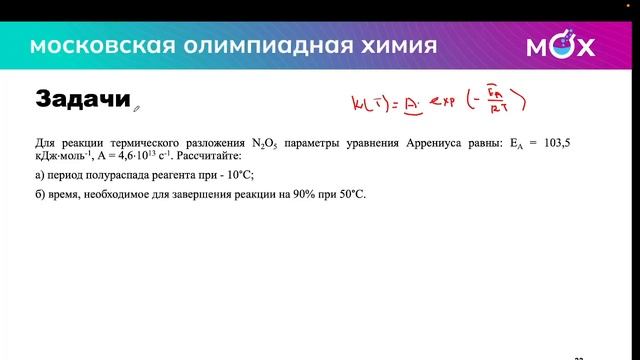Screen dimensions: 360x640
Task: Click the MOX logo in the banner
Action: [560, 46]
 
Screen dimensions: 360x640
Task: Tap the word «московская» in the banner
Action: [89, 46]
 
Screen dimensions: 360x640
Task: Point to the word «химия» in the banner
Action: [390, 46]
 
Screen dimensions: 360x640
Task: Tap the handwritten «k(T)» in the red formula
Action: [369, 103]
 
